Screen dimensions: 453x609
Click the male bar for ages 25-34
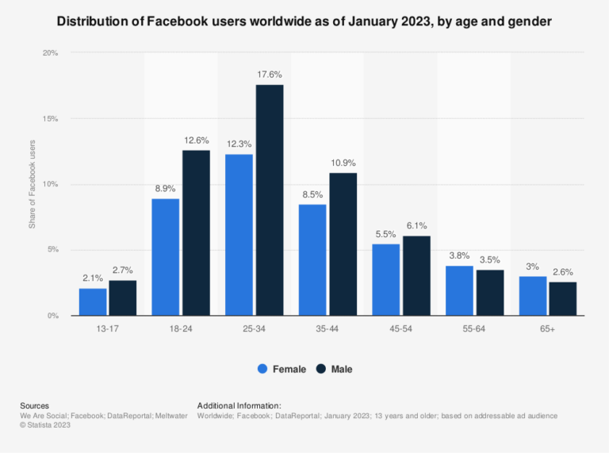269,200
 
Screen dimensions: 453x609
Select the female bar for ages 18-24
166,257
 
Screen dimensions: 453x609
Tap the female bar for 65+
533,296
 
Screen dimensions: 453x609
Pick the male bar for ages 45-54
416,275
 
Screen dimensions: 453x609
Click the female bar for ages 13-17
93,301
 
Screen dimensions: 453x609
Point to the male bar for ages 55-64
489,293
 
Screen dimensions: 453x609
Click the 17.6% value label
270,75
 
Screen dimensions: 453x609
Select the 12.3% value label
239,144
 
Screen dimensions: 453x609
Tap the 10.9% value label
343,163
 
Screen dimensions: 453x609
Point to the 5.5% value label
385,234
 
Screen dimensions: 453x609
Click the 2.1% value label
93,278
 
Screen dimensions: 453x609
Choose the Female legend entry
282,369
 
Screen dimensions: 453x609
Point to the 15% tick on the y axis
51,119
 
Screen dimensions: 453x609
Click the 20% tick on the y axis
51,53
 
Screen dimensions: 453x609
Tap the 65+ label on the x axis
547,327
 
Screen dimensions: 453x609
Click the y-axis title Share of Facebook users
33,185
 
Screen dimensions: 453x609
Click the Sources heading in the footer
35,405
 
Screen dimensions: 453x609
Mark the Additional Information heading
239,405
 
